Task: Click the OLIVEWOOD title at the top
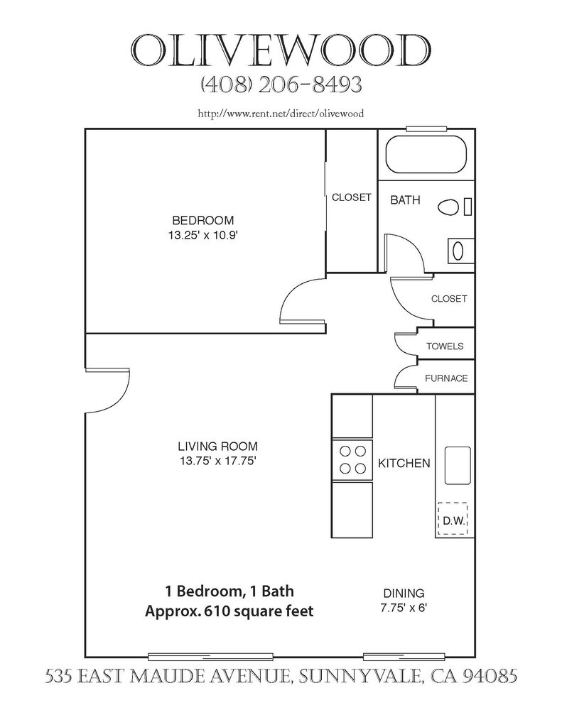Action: click(x=281, y=50)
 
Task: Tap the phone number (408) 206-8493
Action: click(x=281, y=85)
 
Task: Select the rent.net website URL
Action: click(x=281, y=114)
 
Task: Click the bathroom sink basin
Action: click(x=458, y=251)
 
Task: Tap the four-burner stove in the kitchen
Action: click(x=352, y=459)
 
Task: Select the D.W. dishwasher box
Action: click(x=453, y=518)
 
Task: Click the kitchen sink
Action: click(x=458, y=466)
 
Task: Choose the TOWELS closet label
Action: click(x=445, y=346)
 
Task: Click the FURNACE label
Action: click(x=446, y=378)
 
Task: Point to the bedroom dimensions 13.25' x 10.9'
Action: click(x=203, y=235)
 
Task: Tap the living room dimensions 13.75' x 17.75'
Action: click(x=217, y=461)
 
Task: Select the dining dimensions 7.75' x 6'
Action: click(x=404, y=608)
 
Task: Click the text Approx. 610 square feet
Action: click(x=229, y=611)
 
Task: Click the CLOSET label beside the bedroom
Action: click(x=351, y=197)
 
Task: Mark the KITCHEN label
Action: click(x=404, y=463)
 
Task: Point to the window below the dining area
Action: click(x=404, y=657)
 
